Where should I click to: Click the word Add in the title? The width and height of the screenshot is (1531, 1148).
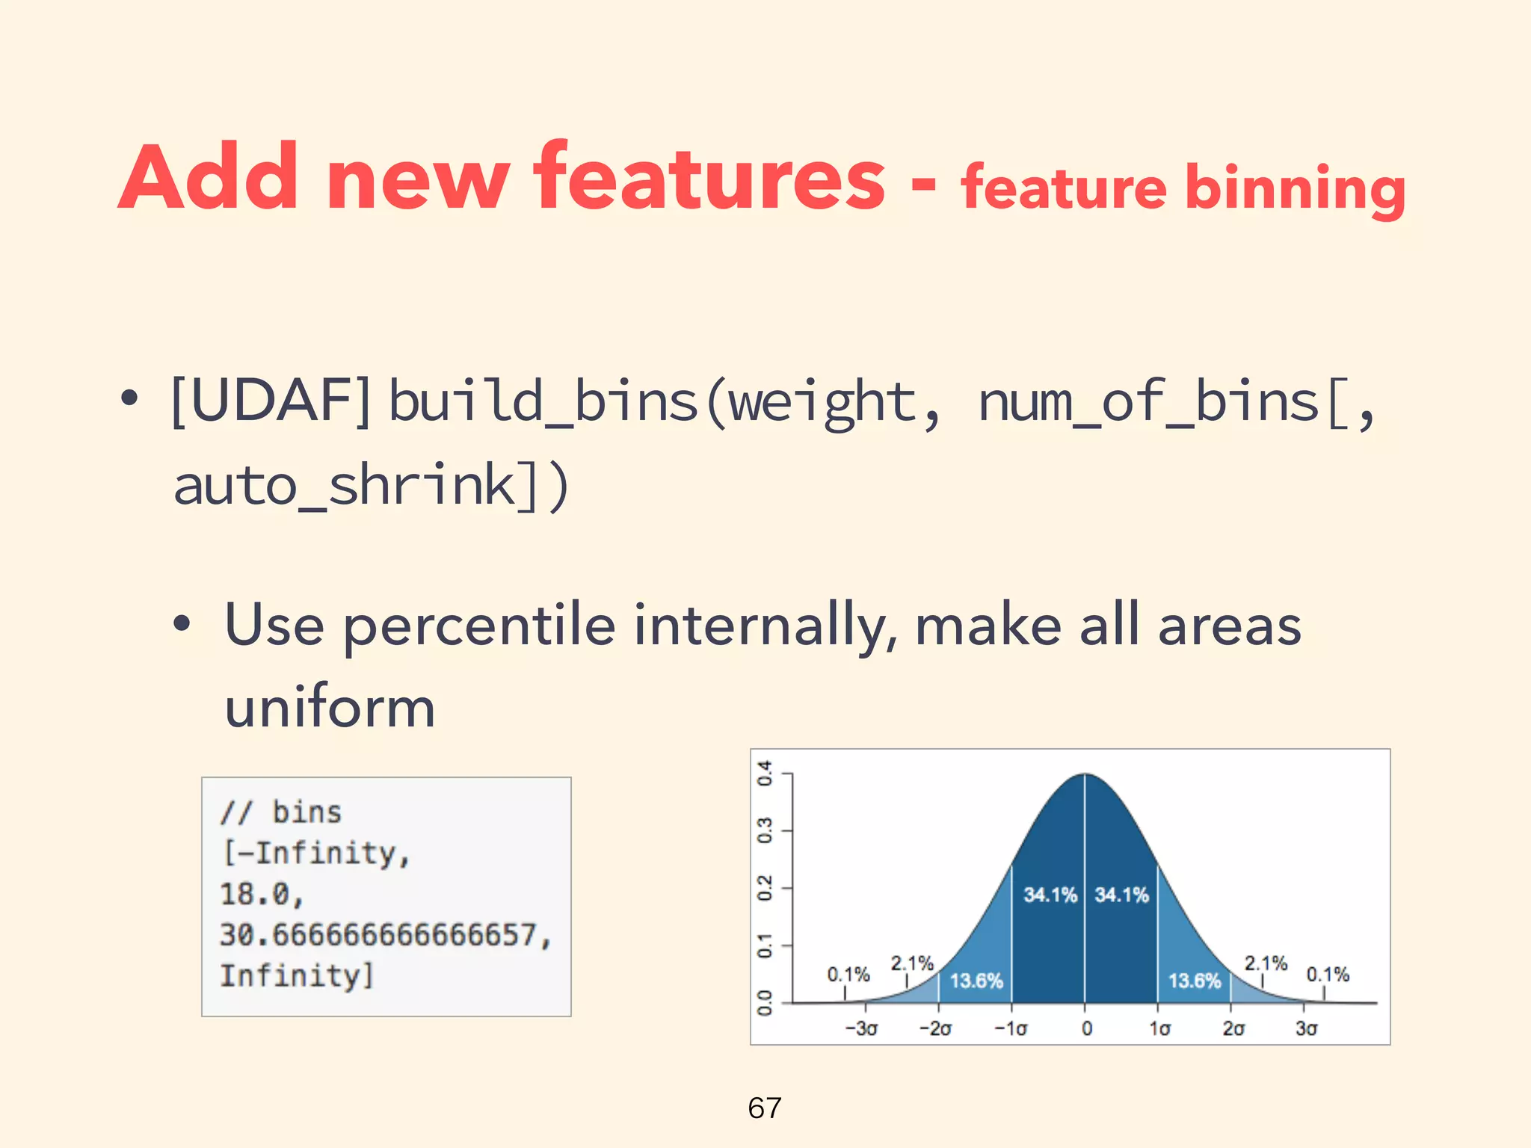209,177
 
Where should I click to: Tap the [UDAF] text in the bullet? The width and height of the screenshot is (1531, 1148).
271,401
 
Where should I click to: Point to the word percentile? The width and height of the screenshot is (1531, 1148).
479,626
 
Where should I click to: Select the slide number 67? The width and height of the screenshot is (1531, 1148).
764,1108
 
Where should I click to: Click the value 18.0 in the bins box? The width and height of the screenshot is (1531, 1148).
262,894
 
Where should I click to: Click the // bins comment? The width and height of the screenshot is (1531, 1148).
281,812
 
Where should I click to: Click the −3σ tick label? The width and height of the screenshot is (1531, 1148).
861,1028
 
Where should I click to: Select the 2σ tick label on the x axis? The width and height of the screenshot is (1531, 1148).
1233,1028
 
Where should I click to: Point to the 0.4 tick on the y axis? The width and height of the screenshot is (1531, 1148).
764,774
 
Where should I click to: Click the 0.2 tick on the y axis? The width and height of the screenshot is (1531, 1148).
764,889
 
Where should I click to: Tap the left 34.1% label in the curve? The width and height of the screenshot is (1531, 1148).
1050,895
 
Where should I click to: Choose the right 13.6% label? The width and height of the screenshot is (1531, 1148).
1194,981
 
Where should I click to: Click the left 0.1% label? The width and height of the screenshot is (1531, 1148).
848,975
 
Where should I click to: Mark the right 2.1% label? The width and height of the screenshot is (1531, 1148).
1265,963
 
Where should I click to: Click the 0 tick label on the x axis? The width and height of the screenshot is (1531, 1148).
1086,1028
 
